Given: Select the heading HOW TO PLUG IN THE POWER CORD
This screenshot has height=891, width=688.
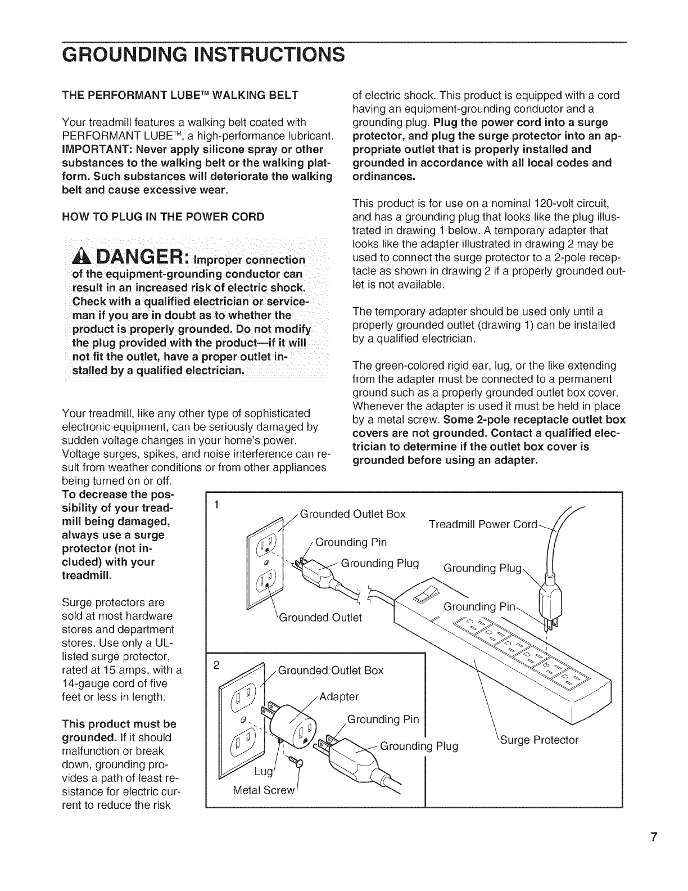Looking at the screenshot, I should (162, 217).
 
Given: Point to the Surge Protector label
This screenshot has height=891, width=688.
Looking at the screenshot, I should (540, 740).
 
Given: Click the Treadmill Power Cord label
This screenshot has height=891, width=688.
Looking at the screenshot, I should (483, 524).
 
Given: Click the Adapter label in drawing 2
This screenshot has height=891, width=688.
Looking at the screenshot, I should (338, 697).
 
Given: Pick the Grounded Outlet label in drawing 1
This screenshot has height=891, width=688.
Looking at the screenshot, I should (321, 617).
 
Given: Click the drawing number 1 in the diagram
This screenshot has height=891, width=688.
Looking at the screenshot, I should (216, 504).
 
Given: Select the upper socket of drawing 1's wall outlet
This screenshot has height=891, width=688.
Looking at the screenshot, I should (264, 544).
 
